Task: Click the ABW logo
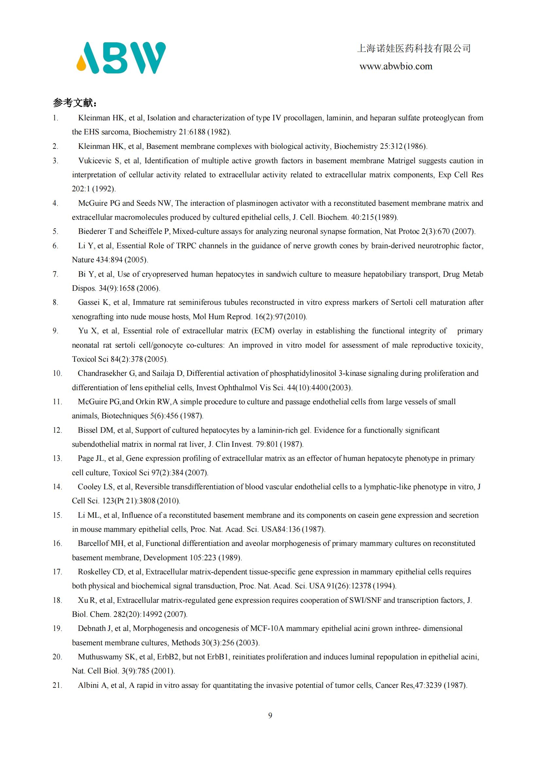coord(121,58)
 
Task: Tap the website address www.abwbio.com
coord(396,67)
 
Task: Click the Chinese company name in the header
coord(414,49)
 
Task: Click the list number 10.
coord(57,374)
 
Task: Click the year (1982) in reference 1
coord(218,132)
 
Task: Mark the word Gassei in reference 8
coord(89,303)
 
